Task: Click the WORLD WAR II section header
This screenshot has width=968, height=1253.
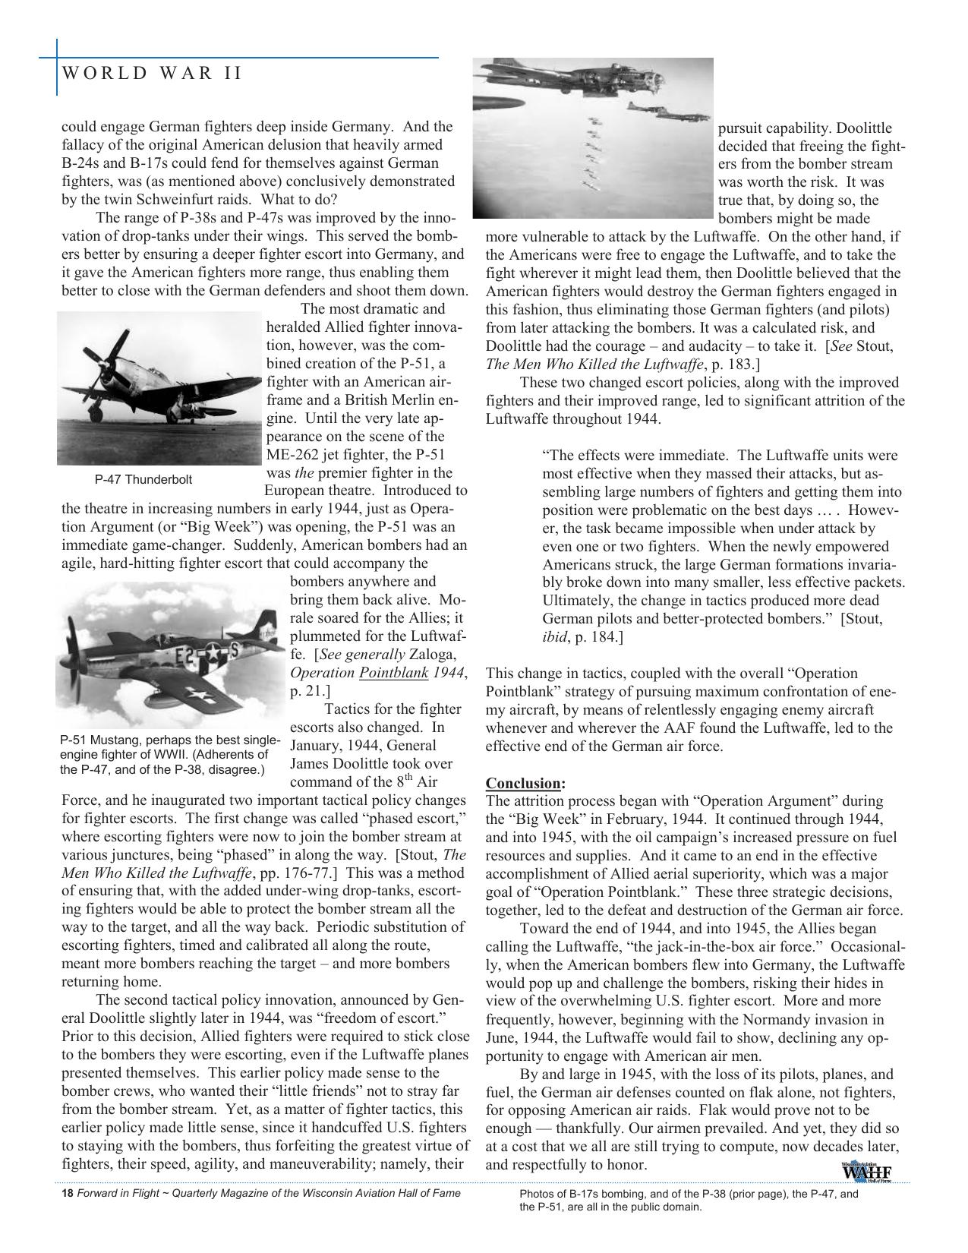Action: (152, 73)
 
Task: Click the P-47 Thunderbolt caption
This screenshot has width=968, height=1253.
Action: (143, 479)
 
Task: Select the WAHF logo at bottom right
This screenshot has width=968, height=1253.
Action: (866, 1172)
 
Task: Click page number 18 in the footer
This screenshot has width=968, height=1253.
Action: (67, 1194)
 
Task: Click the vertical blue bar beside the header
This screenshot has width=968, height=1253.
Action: (57, 68)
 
